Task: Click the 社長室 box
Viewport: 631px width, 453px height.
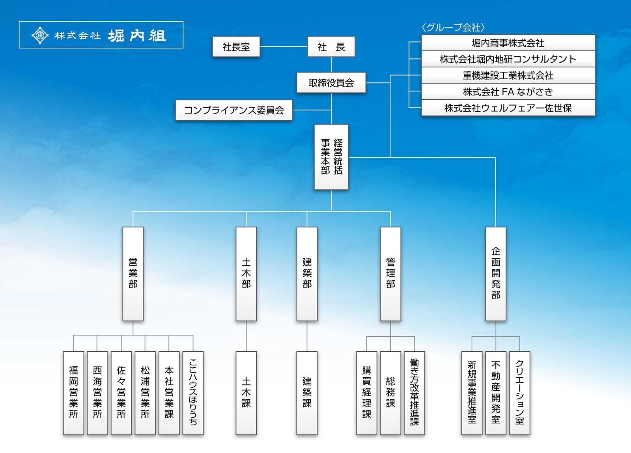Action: tap(236, 47)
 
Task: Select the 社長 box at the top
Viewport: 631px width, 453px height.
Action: tap(331, 47)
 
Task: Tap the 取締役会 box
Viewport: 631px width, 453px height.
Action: tap(331, 83)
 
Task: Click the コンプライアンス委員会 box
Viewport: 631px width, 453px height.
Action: tap(234, 110)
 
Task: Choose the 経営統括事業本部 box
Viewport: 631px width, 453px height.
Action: tap(331, 157)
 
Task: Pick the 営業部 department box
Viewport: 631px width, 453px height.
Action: tap(133, 274)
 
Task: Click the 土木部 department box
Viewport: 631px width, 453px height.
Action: tap(246, 274)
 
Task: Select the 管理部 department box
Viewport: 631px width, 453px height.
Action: tap(390, 274)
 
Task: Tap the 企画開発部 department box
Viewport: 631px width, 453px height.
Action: tap(496, 274)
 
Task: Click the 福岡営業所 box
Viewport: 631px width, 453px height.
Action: tap(73, 393)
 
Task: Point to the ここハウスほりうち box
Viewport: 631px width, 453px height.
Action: tap(193, 393)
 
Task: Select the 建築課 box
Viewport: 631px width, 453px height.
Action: tap(307, 393)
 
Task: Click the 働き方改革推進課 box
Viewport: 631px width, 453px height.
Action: tap(414, 393)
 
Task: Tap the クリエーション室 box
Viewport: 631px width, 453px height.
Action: tap(519, 393)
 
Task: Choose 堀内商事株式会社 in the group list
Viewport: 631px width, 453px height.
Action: tap(508, 43)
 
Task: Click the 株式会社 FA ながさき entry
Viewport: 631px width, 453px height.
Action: tap(508, 92)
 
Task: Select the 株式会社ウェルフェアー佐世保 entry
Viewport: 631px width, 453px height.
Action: tap(508, 108)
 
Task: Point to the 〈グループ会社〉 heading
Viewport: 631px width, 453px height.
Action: tap(453, 28)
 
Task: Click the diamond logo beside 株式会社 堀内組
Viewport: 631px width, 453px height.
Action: tap(40, 35)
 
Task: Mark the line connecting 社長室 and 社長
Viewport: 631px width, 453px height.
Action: tap(284, 47)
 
